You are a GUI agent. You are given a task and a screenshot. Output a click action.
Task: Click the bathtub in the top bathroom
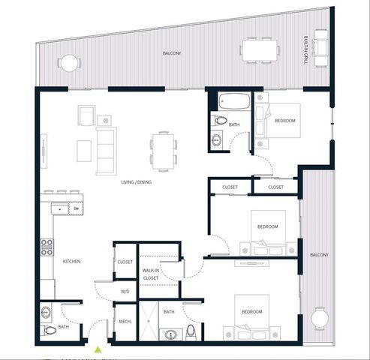[x=233, y=101]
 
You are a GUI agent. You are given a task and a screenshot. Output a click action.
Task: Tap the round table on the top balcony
[x=69, y=64]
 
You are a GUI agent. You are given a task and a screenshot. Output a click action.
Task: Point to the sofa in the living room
[x=106, y=150]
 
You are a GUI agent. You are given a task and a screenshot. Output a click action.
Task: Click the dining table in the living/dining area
[x=163, y=147]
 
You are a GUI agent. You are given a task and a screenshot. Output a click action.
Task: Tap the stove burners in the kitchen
[x=47, y=248]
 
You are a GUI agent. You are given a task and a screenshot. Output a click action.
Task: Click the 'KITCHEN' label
[x=72, y=261]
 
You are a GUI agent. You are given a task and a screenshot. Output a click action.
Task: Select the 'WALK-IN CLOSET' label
[x=151, y=274]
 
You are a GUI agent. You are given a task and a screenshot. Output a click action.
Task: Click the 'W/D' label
[x=125, y=291]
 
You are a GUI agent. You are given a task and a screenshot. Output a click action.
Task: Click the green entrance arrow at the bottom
[x=98, y=348]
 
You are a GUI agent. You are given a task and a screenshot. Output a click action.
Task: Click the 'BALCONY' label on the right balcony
[x=320, y=255]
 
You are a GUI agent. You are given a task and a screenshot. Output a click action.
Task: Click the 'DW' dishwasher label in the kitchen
[x=77, y=208]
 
